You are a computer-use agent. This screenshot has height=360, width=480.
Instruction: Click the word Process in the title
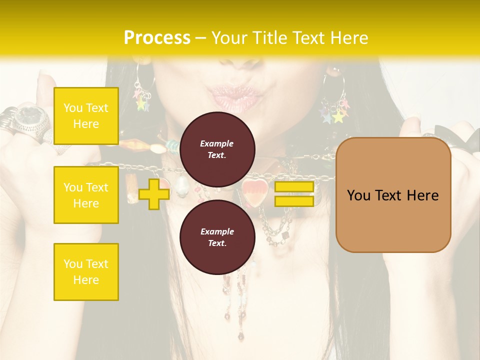tap(157, 38)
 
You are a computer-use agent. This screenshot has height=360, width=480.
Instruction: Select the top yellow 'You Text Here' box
tap(86, 116)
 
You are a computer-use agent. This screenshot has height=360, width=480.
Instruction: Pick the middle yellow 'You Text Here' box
tap(86, 195)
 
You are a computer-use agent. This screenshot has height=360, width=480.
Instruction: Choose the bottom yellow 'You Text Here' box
tap(86, 272)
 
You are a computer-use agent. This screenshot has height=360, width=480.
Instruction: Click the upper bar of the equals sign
tap(294, 187)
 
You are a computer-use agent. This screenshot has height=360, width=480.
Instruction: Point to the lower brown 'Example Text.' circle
tap(217, 237)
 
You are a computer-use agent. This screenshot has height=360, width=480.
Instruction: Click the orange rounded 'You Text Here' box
tap(393, 195)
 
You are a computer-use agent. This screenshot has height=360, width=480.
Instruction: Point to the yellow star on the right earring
tap(339, 116)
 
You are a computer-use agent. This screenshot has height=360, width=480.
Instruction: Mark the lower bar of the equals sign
tap(294, 201)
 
